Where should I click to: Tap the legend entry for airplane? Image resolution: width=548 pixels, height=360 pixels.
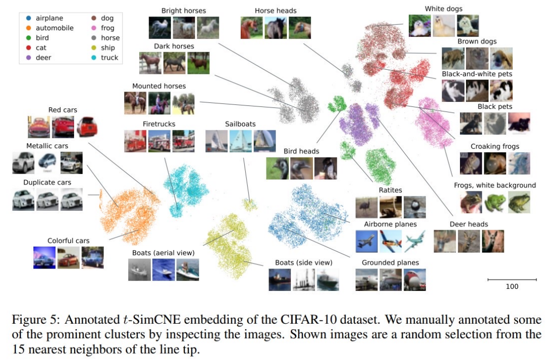pos(49,18)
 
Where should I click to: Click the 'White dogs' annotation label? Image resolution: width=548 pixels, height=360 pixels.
pos(444,8)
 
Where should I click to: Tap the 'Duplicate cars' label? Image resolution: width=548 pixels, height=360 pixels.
pos(47,182)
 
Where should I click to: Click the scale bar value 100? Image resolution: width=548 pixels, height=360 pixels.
pos(512,286)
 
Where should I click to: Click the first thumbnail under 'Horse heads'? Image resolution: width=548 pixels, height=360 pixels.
pos(251,28)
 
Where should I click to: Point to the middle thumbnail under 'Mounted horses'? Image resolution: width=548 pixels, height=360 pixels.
pos(159,103)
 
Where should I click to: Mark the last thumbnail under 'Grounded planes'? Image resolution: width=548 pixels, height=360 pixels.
pos(415,279)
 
